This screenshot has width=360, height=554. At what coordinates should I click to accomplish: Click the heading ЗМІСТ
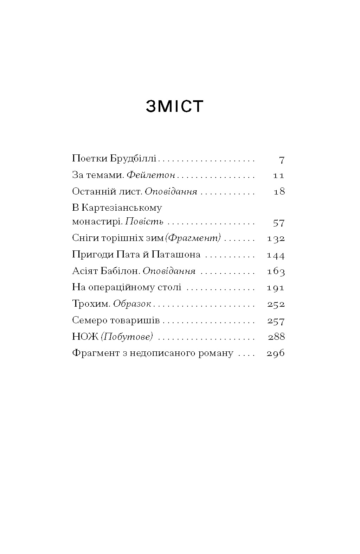175,106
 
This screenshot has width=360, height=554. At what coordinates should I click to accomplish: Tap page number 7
281,160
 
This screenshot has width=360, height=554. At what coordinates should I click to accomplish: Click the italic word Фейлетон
150,175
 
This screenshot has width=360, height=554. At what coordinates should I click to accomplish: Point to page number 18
279,192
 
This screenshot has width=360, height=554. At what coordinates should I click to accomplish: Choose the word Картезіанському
122,208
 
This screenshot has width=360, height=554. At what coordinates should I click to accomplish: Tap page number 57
278,223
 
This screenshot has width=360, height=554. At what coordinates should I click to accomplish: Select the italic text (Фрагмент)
193,238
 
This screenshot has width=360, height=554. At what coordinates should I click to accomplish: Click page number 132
276,239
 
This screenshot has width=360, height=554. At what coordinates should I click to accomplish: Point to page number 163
276,272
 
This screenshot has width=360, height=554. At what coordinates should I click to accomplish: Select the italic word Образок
132,304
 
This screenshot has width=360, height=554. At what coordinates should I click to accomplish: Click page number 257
276,321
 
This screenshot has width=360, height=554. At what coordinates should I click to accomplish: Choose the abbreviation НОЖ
85,337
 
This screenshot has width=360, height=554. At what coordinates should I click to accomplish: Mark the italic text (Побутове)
127,337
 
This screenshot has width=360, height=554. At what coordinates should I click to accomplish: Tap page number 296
276,354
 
